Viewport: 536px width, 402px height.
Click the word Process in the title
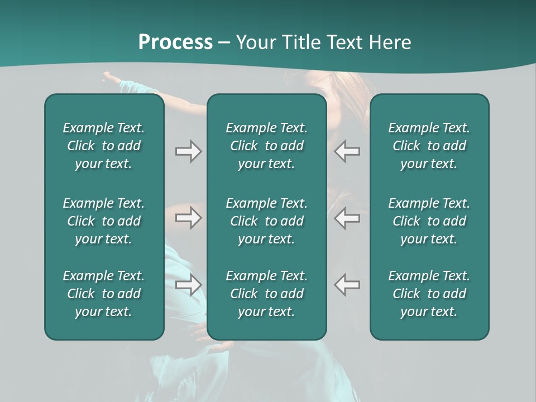(175, 42)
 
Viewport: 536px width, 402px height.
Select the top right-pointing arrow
(189, 151)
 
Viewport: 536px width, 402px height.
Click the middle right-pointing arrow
(189, 218)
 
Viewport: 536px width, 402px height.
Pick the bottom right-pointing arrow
(189, 285)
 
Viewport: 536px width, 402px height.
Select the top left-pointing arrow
(347, 151)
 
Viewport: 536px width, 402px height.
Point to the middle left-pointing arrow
(347, 218)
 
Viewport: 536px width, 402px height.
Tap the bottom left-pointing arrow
(347, 285)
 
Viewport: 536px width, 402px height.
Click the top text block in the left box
(104, 146)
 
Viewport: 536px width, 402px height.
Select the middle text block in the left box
(104, 221)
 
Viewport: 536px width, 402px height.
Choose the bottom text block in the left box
(104, 294)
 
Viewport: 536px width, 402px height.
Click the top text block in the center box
(266, 146)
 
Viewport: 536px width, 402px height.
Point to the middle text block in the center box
(266, 221)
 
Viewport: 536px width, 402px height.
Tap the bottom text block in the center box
(266, 294)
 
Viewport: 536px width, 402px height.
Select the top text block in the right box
(429, 146)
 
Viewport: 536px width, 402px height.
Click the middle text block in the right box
(429, 221)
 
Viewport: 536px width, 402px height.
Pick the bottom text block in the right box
(429, 294)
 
